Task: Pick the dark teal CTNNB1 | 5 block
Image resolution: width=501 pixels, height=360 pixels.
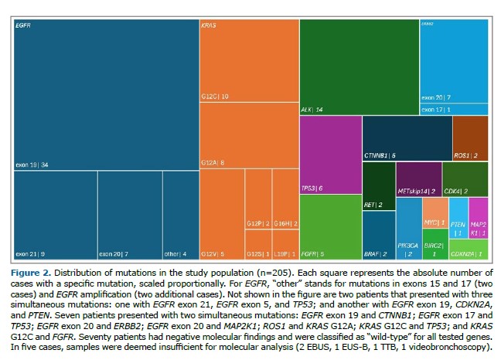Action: [407, 138]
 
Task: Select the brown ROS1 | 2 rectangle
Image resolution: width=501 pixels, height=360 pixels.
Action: [470, 138]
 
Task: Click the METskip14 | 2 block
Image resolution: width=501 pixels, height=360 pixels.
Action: [418, 179]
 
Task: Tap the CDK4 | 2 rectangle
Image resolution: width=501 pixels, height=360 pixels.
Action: [465, 179]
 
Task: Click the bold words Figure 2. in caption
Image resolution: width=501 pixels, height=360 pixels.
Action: [36, 273]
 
